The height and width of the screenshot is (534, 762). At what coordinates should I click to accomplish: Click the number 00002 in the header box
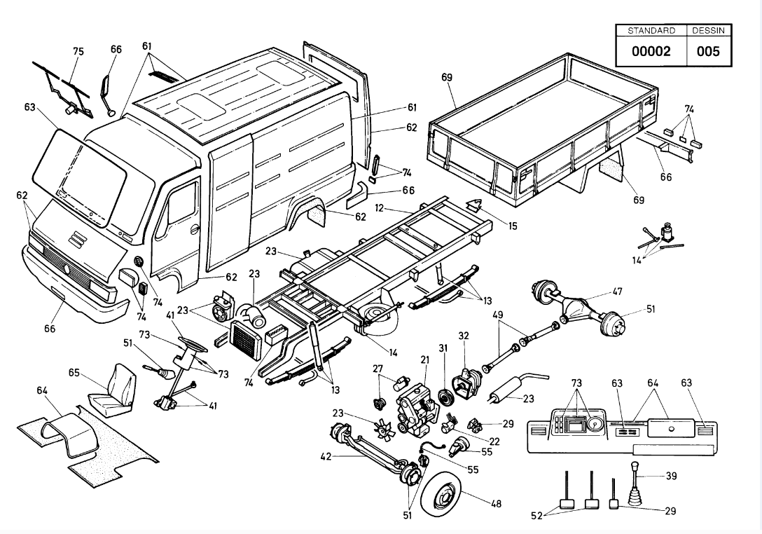click(x=651, y=51)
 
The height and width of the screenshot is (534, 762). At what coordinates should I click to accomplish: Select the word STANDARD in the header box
click(x=651, y=31)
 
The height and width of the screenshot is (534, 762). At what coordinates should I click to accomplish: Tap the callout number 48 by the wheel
click(x=496, y=504)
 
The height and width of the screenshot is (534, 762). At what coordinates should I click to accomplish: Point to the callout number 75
click(x=78, y=51)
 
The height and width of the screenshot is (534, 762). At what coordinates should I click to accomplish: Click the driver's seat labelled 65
click(x=112, y=390)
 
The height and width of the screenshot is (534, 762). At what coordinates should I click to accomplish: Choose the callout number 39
click(x=671, y=476)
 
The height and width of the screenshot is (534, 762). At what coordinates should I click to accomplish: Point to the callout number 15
click(x=513, y=226)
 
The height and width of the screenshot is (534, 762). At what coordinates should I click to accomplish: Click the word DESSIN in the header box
click(x=708, y=31)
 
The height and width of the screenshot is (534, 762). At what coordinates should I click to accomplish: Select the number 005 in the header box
click(x=708, y=51)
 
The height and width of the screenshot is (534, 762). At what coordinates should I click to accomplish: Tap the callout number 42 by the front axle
click(x=326, y=457)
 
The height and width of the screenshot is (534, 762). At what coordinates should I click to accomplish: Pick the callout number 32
click(x=464, y=336)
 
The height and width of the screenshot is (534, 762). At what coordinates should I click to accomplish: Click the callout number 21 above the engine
click(x=425, y=360)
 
